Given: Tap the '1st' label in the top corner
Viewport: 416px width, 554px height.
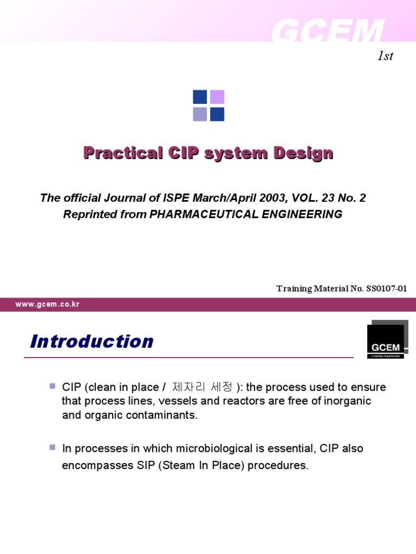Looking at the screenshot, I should (x=385, y=56).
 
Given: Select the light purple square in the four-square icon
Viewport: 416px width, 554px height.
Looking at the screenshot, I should (x=217, y=97).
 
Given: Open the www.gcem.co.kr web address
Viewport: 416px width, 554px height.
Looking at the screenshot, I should (x=47, y=305).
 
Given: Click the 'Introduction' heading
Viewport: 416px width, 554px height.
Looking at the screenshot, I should (x=92, y=341).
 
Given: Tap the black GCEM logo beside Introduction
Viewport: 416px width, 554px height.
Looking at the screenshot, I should (x=385, y=341).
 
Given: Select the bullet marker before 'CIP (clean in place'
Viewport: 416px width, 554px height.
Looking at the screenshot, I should (x=53, y=386).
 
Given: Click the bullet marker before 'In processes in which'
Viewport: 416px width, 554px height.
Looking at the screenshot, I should (x=53, y=447).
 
